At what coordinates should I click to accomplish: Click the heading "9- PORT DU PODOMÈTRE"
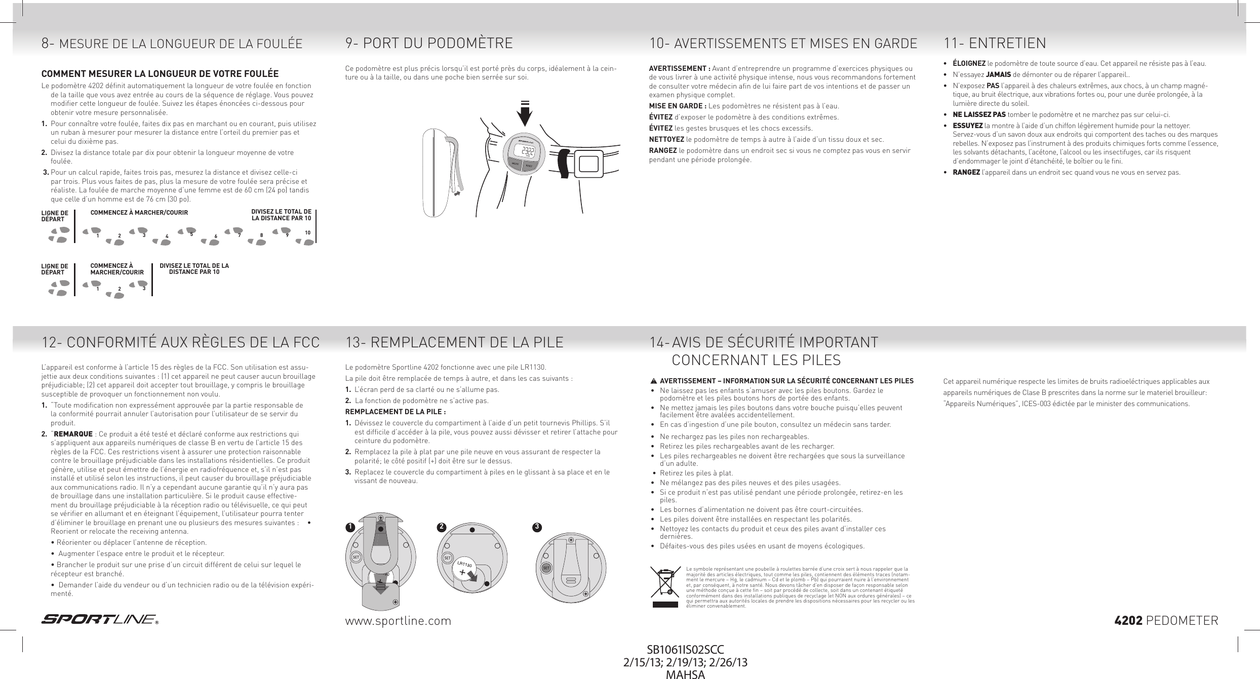click(429, 43)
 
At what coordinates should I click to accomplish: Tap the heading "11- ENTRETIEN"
click(995, 43)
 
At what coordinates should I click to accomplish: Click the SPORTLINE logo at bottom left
click(99, 620)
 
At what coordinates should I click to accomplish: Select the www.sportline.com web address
click(398, 621)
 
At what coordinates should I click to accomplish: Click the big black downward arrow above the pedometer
click(525, 116)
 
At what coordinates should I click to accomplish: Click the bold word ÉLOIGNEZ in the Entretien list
click(969, 63)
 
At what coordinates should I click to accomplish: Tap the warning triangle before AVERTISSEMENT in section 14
click(654, 381)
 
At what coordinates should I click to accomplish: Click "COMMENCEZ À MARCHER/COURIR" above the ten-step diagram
click(139, 212)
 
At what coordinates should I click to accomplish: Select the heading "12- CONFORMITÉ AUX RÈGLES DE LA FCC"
click(180, 342)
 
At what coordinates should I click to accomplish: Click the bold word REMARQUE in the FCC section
click(73, 434)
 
